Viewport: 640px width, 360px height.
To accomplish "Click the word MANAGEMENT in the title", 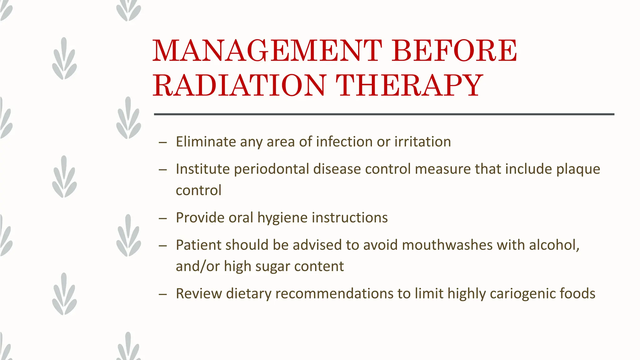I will [x=267, y=51].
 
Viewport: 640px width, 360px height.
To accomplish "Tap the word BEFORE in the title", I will [x=455, y=51].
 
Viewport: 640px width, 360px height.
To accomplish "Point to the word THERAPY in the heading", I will [x=409, y=85].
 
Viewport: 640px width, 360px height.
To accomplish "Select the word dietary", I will [x=248, y=294].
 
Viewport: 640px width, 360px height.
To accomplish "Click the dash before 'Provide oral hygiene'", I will [x=162, y=218].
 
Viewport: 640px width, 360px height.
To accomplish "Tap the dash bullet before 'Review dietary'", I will [x=162, y=294].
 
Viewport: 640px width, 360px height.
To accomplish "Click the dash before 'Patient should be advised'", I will [x=162, y=246].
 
